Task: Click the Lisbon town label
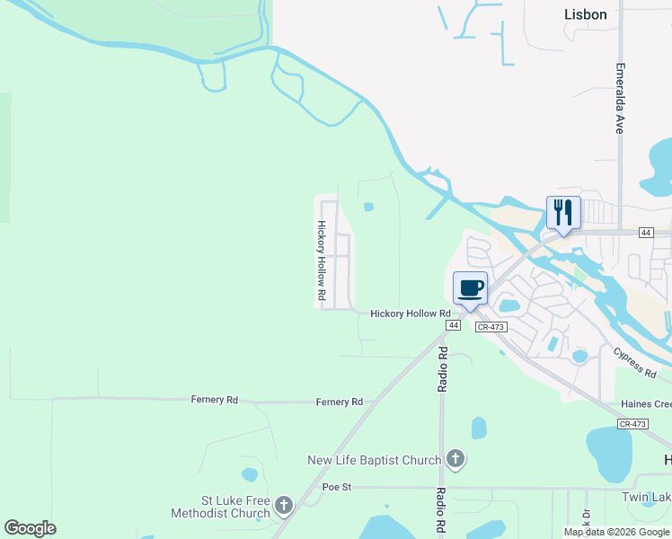[586, 14]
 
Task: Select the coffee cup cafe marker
[471, 289]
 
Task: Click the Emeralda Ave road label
[620, 98]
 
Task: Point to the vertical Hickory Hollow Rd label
[320, 261]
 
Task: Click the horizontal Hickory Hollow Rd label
[410, 313]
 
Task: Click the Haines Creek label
[645, 405]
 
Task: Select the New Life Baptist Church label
[374, 460]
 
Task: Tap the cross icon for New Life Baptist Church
[455, 460]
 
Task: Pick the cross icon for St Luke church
[284, 506]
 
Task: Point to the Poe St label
[335, 487]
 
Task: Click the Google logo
[30, 528]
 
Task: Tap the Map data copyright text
[617, 532]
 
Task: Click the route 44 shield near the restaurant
[645, 233]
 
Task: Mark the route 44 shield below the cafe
[453, 325]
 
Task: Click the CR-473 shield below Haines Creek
[632, 423]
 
